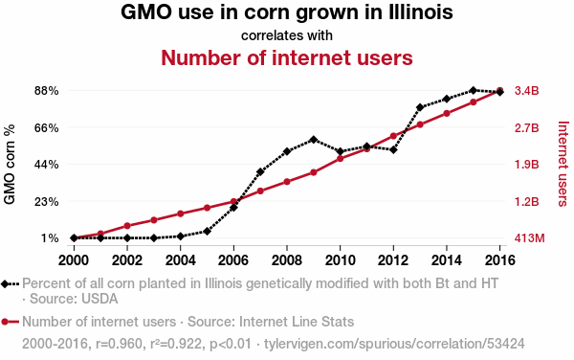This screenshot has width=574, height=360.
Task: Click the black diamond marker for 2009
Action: click(x=314, y=140)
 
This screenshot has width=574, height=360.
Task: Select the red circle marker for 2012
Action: click(x=393, y=136)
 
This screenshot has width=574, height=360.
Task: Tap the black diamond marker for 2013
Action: click(x=420, y=107)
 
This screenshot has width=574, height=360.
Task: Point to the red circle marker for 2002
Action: click(x=127, y=226)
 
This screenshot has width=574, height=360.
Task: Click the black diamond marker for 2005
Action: click(x=207, y=231)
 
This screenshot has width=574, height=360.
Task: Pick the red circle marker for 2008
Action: click(x=287, y=182)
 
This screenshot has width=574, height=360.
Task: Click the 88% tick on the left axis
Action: click(x=47, y=90)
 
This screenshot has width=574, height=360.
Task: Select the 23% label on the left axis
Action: click(x=47, y=201)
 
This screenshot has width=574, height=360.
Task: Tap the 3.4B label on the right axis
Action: click(x=527, y=90)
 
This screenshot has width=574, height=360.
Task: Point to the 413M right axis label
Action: click(x=529, y=238)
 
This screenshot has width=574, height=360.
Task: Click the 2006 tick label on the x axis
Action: click(x=233, y=260)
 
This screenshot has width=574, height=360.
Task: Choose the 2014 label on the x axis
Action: click(x=447, y=260)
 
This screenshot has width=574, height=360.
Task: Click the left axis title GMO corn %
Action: click(x=10, y=164)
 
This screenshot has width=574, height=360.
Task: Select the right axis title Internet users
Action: click(x=563, y=164)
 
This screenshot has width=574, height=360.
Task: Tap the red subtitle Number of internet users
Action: click(x=287, y=57)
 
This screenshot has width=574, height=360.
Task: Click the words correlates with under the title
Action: click(x=287, y=35)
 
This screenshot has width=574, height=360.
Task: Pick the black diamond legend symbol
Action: click(x=5, y=283)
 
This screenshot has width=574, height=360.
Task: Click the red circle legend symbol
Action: click(x=5, y=322)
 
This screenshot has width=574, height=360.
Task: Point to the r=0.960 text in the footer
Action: click(x=119, y=344)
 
